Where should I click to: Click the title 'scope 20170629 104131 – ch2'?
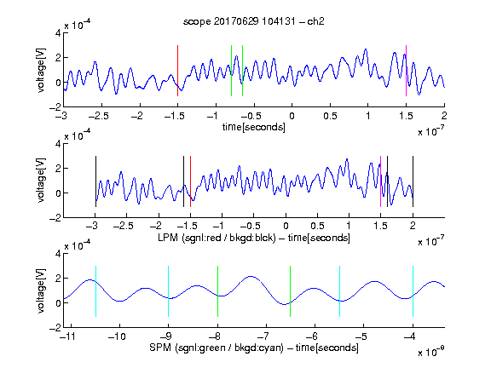click(254, 21)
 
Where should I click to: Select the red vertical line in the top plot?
click(177, 71)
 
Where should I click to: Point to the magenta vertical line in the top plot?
click(406, 71)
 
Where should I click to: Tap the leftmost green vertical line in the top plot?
click(231, 71)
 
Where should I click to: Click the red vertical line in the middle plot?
click(190, 181)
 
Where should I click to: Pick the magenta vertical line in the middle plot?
click(380, 181)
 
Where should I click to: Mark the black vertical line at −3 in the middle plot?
click(95, 181)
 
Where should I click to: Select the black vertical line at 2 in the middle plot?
click(413, 181)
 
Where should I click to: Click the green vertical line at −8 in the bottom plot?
click(217, 291)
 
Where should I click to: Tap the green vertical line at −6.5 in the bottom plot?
click(291, 291)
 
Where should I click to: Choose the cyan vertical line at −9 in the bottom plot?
click(169, 291)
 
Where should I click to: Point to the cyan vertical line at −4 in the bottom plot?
click(413, 291)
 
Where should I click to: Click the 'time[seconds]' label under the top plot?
click(254, 127)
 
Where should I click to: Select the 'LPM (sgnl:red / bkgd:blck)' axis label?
click(217, 238)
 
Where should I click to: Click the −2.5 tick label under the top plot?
click(99, 116)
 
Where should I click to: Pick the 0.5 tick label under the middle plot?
click(317, 226)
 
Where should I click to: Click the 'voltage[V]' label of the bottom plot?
click(41, 290)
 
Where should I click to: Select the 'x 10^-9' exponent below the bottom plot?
click(430, 352)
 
